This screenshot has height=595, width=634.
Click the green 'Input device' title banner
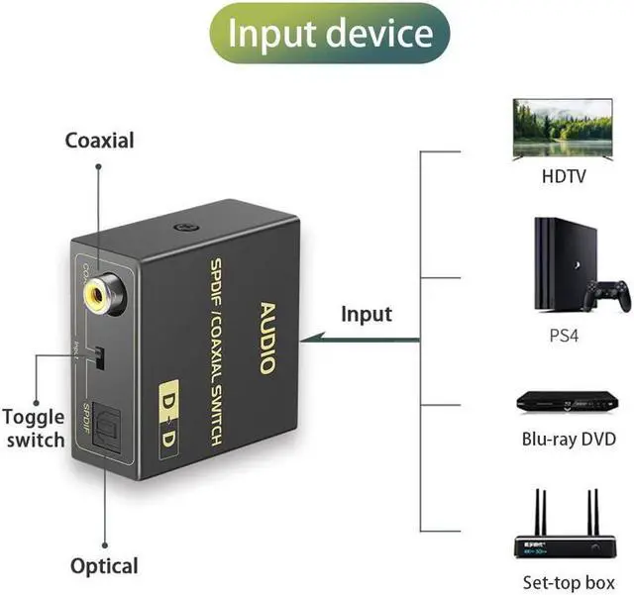330,34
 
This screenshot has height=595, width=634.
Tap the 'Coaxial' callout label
99,140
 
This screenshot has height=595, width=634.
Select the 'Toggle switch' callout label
33,428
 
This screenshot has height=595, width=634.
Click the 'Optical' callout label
104,566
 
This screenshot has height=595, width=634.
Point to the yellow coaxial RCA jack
103,293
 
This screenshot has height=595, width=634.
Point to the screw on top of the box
182,227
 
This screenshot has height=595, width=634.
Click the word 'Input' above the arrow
367,315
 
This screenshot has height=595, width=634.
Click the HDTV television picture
564,129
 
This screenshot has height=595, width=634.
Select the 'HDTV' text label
564,178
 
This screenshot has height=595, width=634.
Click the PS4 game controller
606,294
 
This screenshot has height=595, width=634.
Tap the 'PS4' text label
563,336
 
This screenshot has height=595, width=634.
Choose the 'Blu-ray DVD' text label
569,440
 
